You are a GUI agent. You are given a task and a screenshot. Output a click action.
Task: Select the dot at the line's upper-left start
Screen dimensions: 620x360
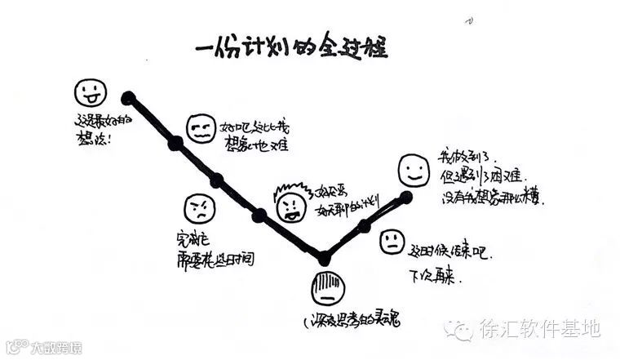[x=128, y=98]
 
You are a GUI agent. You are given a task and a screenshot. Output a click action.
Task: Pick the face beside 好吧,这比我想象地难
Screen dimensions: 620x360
[x=200, y=128]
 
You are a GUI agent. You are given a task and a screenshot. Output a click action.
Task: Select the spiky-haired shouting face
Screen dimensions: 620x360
[x=290, y=205]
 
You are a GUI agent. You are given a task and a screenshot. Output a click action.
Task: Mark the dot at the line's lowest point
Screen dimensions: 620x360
[x=324, y=258]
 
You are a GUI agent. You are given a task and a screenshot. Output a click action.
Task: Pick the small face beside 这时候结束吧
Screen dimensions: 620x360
[x=392, y=241]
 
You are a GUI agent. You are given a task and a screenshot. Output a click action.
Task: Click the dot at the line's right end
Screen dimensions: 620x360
[x=406, y=197]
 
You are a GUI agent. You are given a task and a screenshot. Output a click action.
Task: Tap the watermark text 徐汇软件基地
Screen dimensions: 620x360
[x=538, y=329]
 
